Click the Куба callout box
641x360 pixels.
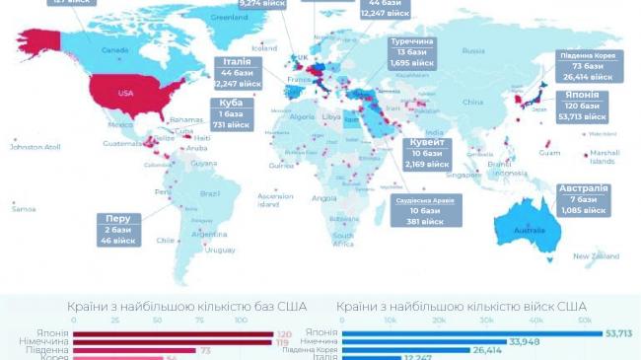pos(231,114)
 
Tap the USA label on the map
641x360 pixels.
pos(125,93)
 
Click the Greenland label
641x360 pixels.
pos(230,17)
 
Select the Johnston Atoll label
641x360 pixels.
pos(35,147)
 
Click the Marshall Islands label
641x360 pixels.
pos(603,157)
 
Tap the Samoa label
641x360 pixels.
pos(24,208)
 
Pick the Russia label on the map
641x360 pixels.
pos(473,50)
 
